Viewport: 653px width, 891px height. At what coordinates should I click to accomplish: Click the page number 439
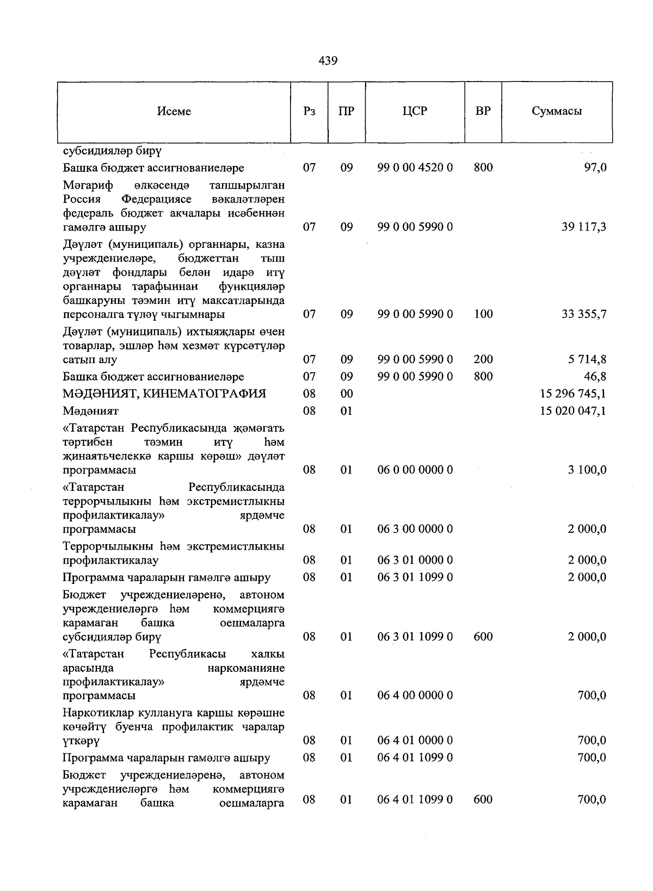tap(328, 60)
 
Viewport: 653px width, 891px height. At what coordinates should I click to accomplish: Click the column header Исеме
tap(174, 111)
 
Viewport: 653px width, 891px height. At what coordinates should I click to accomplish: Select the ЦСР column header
tap(415, 111)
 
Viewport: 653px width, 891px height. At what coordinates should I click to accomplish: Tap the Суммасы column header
tap(557, 111)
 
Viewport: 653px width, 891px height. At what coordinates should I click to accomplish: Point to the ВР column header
tap(483, 111)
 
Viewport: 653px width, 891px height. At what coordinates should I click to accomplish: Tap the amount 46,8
tap(595, 377)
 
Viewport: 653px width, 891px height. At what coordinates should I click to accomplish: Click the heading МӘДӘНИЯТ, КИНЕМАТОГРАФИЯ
tap(164, 394)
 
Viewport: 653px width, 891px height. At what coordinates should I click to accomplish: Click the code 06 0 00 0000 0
tap(415, 470)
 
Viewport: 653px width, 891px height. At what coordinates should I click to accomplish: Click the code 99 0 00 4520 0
tap(415, 168)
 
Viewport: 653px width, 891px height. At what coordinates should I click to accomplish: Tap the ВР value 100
tap(483, 314)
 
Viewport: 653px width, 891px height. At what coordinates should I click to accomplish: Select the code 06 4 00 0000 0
tap(415, 695)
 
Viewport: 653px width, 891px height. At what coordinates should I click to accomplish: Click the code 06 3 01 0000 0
tap(415, 560)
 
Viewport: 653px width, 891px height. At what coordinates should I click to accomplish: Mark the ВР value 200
tap(483, 359)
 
